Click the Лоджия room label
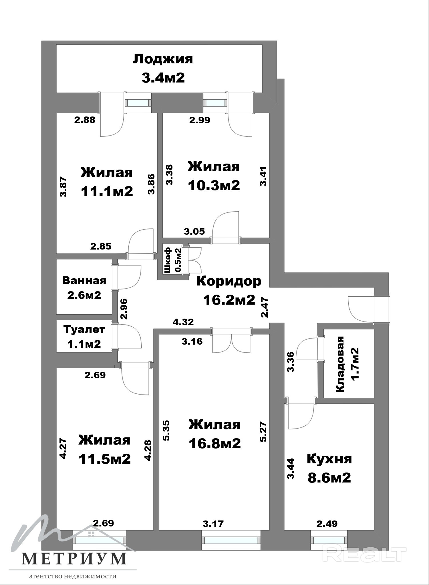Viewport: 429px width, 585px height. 163,59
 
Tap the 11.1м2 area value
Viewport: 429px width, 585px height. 107,191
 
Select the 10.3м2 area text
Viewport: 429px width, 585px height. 214,185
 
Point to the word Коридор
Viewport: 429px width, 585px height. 229,281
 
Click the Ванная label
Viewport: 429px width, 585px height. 84,281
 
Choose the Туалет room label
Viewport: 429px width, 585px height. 84,330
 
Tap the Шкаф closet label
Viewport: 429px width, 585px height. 168,260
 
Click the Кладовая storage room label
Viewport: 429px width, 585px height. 340,364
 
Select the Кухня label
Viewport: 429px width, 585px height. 329,459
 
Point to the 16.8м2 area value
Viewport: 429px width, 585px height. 214,443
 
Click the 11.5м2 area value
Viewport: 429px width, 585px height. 105,459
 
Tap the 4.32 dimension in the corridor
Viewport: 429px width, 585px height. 183,322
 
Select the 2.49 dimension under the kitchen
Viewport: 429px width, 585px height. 327,524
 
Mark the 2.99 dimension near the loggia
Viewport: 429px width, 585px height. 200,120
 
